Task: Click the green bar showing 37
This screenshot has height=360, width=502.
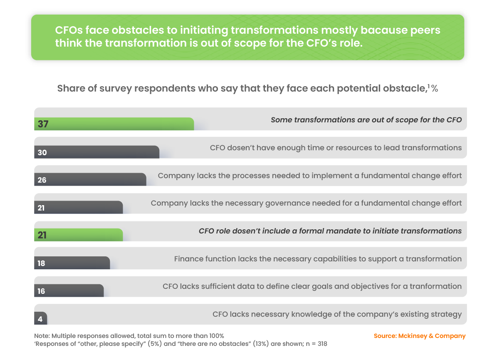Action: click(x=114, y=124)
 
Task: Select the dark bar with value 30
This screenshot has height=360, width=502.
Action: click(x=96, y=152)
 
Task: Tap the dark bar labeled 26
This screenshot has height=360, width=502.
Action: click(x=90, y=180)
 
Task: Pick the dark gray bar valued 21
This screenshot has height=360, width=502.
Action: click(x=78, y=208)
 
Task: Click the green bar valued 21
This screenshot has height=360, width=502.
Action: click(x=78, y=235)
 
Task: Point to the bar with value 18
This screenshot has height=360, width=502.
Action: click(x=72, y=263)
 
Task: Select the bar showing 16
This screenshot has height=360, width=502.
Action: click(x=69, y=291)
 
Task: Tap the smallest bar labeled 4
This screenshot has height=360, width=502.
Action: click(x=41, y=319)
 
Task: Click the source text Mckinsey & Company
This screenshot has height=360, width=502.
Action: click(x=420, y=336)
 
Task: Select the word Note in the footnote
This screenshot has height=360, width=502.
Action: click(x=41, y=336)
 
